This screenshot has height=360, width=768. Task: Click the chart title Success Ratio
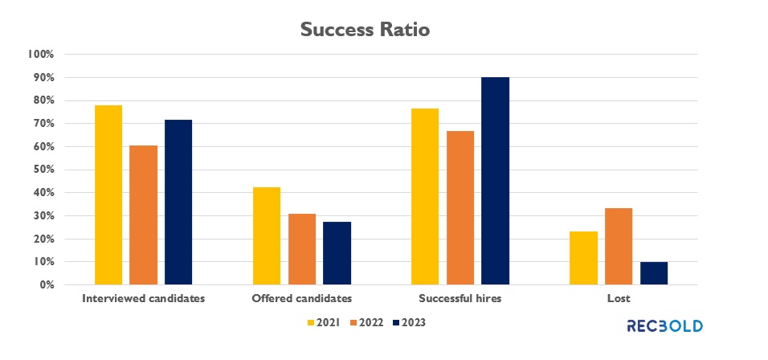365,30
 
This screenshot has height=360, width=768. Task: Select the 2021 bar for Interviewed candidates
108,195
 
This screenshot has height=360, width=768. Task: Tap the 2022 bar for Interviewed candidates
143,215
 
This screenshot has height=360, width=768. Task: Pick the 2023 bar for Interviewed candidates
178,202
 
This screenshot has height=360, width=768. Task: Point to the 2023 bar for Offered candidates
337,253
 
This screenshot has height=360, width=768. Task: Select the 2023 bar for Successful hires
496,181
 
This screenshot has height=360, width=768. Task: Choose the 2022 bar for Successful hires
460,208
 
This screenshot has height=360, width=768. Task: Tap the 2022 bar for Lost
619,247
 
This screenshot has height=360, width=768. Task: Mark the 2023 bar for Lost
654,273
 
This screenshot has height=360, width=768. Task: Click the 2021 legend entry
322,323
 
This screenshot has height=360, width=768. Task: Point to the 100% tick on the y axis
40,55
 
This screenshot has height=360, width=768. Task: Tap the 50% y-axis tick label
43,170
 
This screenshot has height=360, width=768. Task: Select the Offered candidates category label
301,299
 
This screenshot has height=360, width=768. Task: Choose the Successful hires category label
460,299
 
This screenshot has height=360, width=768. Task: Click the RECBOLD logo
664,326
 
